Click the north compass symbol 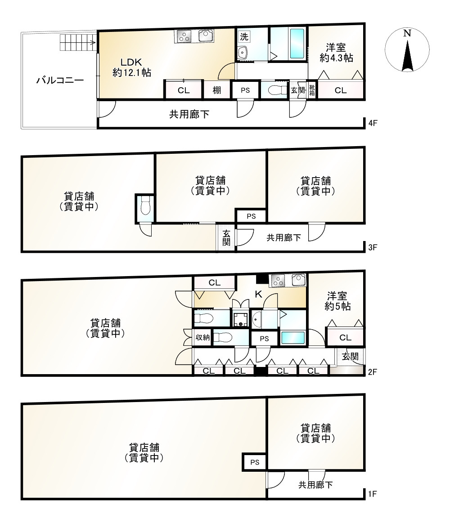(407, 50)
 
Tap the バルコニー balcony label (60, 80)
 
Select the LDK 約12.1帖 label (131, 67)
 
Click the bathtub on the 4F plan (297, 43)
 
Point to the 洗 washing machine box (244, 37)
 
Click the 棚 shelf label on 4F (216, 90)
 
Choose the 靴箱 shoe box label (312, 90)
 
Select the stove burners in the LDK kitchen (184, 36)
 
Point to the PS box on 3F (251, 216)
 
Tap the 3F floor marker (373, 247)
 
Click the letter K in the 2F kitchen (258, 294)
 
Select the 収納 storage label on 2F (202, 337)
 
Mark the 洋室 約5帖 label (337, 301)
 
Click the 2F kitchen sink (299, 280)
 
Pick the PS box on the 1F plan (255, 462)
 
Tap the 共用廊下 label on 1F (315, 485)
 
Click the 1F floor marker (373, 494)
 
